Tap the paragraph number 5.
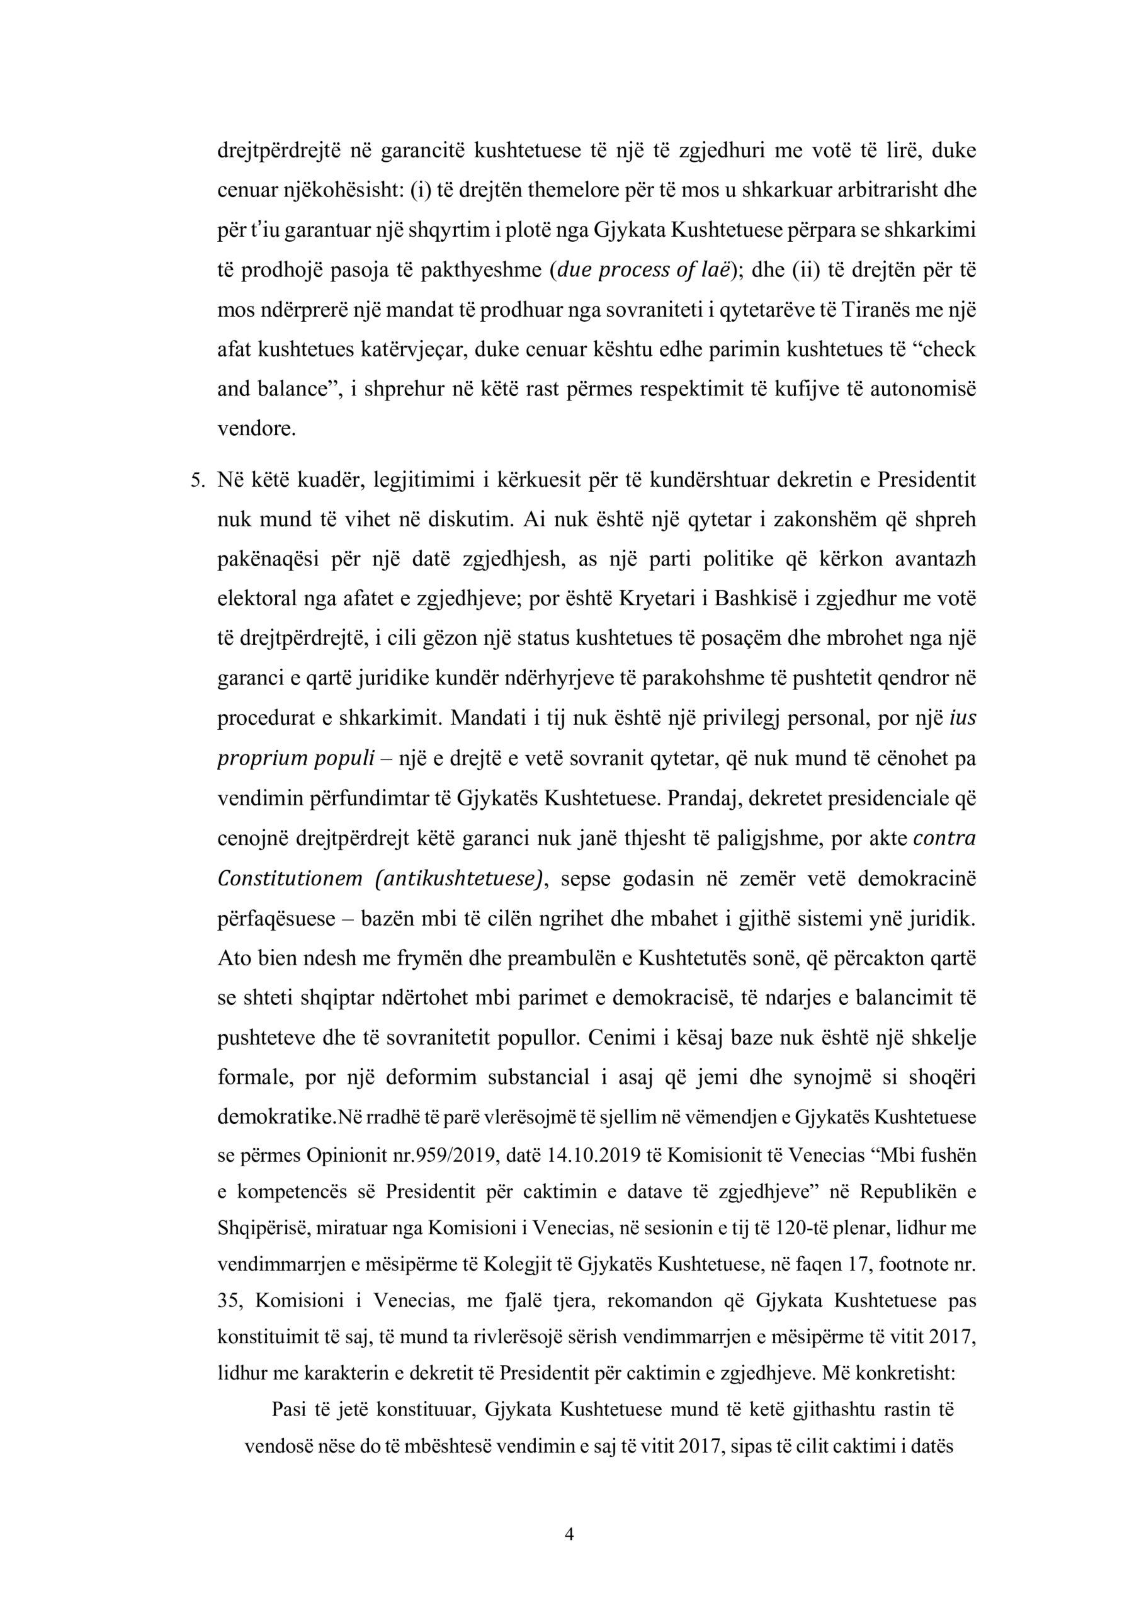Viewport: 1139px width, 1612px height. (197, 482)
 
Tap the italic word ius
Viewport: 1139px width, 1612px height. (962, 720)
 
